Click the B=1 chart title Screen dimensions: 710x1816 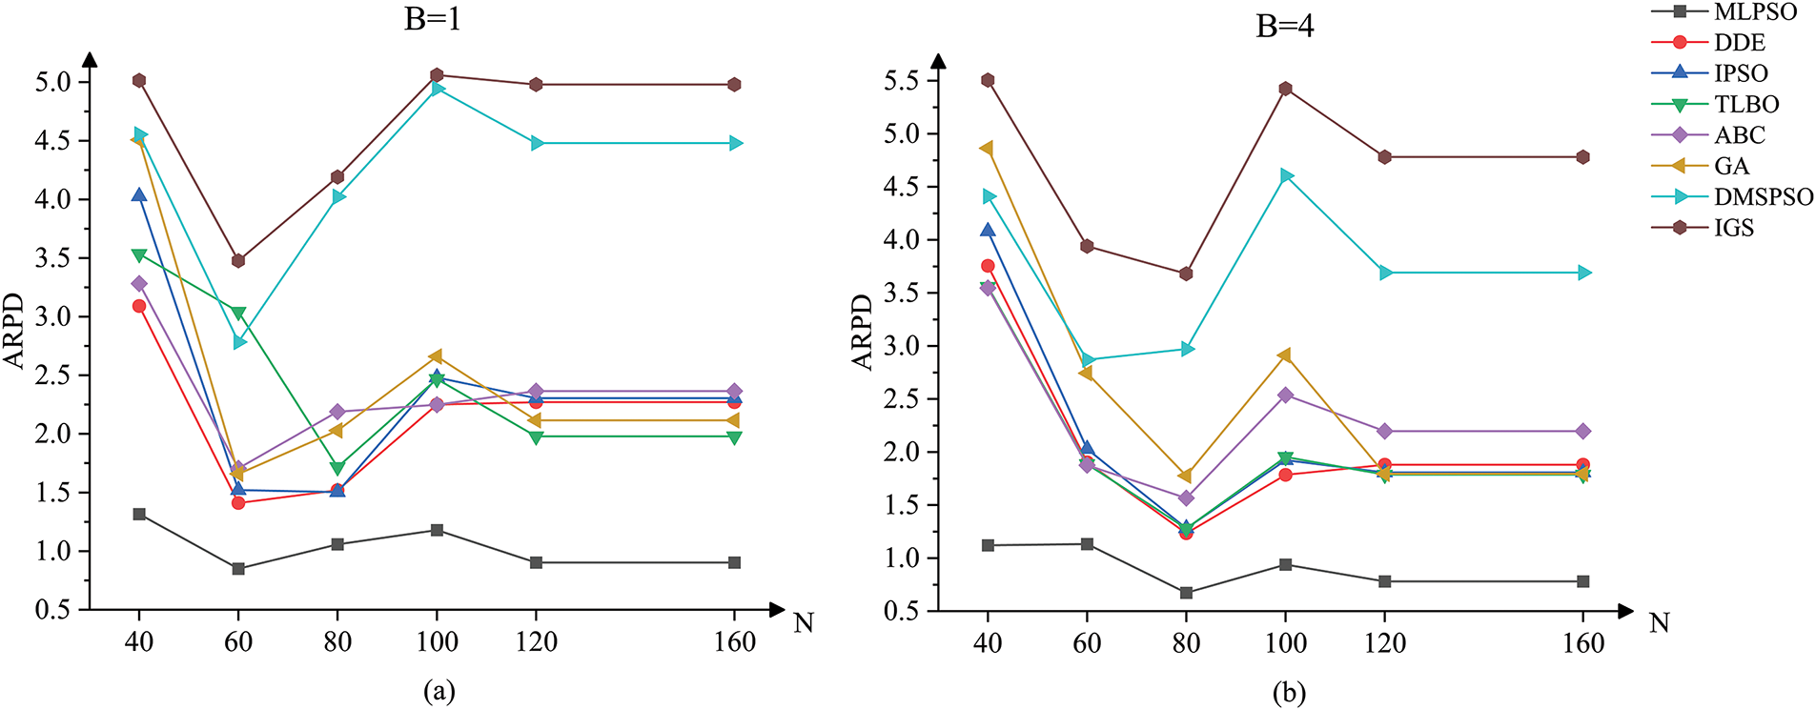[432, 20]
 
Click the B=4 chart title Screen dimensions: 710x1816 [1284, 27]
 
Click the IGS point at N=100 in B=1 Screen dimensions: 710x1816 [437, 75]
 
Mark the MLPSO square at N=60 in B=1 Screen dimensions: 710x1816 [238, 569]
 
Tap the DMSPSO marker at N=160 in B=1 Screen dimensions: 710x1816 [735, 143]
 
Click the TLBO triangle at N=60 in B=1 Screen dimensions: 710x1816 [238, 314]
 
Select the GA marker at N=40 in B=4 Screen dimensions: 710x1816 [987, 149]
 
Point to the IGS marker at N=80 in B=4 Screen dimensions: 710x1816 [1186, 274]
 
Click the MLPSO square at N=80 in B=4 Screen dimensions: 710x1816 [1186, 593]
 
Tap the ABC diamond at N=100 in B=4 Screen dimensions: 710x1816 [1285, 395]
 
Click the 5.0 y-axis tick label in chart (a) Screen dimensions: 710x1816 [53, 82]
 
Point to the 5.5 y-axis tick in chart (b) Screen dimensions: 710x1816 [904, 81]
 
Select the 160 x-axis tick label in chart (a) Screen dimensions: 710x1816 [735, 642]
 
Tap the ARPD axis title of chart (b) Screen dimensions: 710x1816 [862, 332]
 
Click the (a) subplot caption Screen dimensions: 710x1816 [439, 691]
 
